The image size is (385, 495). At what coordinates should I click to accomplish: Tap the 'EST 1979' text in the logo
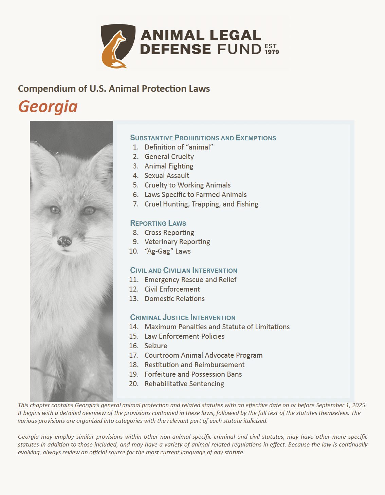tap(272, 49)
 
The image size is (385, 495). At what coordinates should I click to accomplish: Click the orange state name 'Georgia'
tap(48, 106)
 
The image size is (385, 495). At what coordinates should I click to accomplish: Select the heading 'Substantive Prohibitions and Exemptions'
tap(203, 138)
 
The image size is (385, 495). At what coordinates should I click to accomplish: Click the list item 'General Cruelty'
tap(169, 157)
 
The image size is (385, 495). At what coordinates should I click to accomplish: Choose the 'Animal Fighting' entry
tap(169, 166)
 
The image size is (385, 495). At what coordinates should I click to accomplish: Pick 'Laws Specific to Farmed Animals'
tap(196, 195)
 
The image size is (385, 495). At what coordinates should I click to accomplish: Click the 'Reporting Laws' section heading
tap(158, 223)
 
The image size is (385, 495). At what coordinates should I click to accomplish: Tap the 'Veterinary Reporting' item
tap(177, 242)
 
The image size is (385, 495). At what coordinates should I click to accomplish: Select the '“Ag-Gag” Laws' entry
tap(167, 251)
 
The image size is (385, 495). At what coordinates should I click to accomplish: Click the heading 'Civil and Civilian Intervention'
tap(184, 271)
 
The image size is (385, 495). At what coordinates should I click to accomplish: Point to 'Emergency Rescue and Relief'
tap(190, 280)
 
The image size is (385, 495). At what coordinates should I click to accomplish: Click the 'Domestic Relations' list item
tap(175, 299)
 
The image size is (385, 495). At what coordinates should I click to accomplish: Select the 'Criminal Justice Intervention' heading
tap(183, 318)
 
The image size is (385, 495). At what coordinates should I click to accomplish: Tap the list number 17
tap(134, 355)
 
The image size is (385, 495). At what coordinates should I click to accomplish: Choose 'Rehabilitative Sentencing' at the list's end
tap(184, 384)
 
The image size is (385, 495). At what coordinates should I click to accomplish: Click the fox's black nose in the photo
tap(64, 241)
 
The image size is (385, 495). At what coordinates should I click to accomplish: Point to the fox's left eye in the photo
tap(55, 210)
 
